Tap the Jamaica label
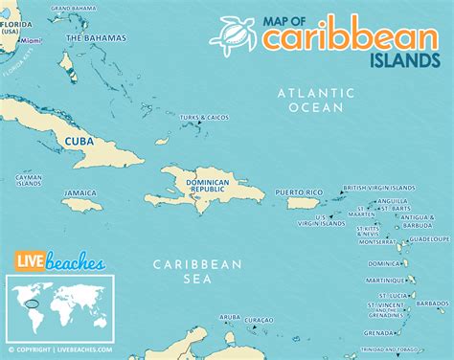80,192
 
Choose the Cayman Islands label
28,180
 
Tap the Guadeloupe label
428,237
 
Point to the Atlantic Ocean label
309,101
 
